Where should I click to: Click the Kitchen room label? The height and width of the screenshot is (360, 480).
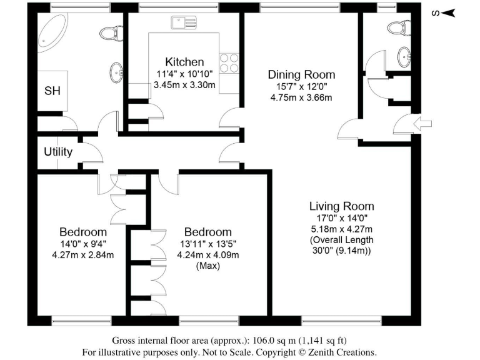[184, 62]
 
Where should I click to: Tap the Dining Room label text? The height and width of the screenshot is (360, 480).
[297, 74]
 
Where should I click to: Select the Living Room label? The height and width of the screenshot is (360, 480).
[341, 206]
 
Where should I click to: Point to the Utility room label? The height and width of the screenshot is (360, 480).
[58, 152]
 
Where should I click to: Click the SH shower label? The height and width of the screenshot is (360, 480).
[52, 91]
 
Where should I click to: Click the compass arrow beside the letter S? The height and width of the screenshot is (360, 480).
[450, 12]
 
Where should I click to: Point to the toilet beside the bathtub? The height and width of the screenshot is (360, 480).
[111, 32]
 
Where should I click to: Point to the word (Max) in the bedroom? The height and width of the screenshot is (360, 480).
[206, 266]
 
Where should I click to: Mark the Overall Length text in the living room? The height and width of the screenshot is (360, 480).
[341, 240]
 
